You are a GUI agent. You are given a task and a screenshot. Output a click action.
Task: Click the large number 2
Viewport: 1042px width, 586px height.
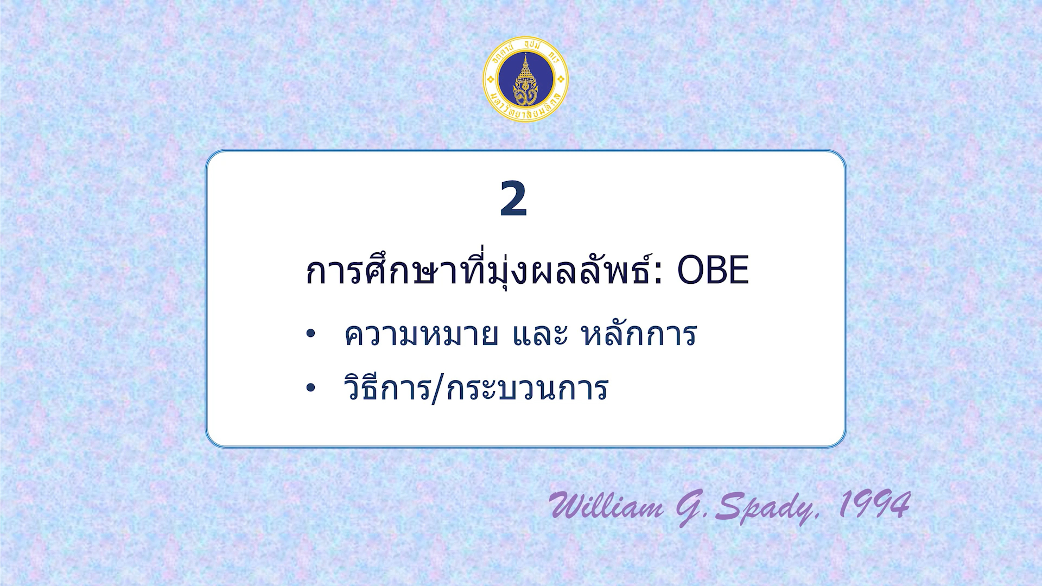(x=513, y=199)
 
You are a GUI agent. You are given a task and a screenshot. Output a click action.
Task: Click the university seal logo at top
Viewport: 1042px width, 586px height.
(x=525, y=79)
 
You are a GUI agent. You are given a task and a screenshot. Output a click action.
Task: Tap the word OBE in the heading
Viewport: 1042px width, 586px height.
(x=713, y=270)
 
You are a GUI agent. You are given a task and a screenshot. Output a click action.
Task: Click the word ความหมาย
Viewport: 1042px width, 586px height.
(x=421, y=335)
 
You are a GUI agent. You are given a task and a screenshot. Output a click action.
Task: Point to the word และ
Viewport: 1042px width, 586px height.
(x=540, y=335)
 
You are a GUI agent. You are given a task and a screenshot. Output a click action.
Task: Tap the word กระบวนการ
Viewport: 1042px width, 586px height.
(x=528, y=388)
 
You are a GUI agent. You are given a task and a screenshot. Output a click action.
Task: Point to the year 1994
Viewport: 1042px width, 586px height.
(x=874, y=504)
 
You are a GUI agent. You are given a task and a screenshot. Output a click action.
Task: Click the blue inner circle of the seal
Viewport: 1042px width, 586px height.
(x=525, y=79)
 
